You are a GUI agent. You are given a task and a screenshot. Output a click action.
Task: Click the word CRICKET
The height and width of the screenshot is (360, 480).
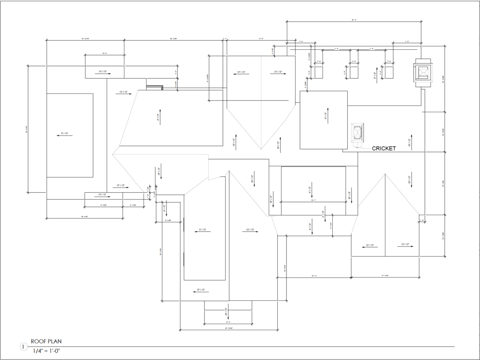point(384,148)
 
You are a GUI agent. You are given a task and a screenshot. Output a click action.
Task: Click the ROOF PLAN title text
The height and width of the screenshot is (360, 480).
point(46,341)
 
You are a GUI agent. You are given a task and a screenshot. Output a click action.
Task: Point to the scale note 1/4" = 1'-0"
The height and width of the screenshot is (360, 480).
point(47,351)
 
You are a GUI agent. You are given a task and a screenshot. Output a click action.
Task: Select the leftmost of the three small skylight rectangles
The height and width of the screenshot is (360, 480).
point(319,72)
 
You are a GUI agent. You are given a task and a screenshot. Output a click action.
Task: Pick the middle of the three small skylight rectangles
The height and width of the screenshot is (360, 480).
point(354,72)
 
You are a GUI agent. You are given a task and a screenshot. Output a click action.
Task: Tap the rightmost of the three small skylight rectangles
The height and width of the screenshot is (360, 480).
point(389,72)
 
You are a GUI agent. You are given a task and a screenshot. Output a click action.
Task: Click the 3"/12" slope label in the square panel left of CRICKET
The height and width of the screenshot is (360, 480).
point(326,115)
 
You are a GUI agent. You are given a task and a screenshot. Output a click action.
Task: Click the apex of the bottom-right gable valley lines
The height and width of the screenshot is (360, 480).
point(385,174)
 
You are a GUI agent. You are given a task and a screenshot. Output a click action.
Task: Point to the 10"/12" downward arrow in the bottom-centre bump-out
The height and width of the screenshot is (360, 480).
point(227,311)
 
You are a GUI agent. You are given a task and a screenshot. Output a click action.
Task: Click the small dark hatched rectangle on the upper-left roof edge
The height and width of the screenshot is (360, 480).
point(154,87)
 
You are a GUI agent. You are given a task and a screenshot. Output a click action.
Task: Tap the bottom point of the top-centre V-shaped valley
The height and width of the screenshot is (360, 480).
point(261,149)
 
